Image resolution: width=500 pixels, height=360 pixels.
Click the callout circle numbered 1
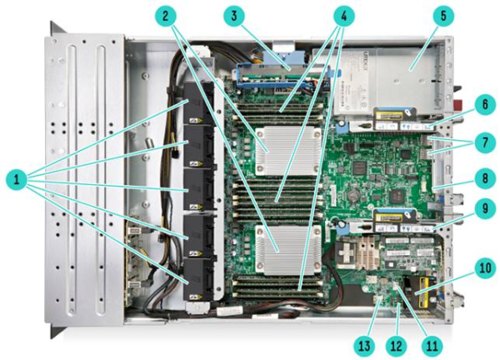[x=17, y=179]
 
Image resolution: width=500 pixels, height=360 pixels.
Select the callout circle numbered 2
[x=165, y=16]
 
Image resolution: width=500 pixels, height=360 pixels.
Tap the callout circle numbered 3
[x=234, y=16]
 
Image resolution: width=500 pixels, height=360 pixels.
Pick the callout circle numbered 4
[x=343, y=16]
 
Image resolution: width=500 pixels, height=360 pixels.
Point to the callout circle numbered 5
[x=443, y=16]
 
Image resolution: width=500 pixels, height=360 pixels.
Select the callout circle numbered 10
[x=485, y=267]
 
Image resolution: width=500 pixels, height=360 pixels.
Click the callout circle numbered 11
[x=432, y=346]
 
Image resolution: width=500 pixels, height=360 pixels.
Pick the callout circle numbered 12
[x=397, y=346]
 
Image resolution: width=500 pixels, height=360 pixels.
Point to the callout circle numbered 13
[x=364, y=346]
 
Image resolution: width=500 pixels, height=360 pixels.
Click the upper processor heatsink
[x=288, y=150]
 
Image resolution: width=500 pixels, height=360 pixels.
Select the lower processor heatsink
[x=288, y=250]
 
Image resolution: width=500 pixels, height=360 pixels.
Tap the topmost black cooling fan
[x=198, y=103]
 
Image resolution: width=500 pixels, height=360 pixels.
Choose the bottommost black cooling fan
[x=198, y=279]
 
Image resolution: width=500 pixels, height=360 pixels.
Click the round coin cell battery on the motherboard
[x=353, y=193]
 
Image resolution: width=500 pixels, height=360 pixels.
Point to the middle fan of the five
[x=198, y=189]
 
